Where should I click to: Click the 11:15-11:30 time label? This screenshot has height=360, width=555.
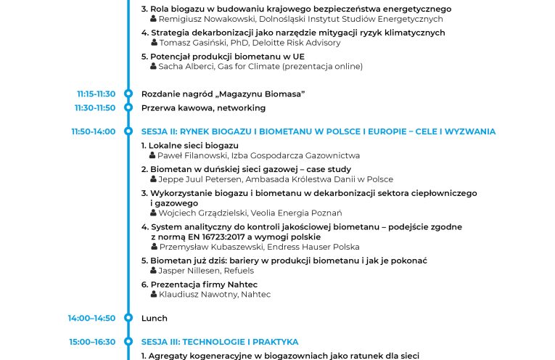tap(96, 94)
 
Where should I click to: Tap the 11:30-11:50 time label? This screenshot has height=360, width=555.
tap(94, 108)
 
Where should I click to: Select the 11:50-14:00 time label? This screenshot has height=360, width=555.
tap(93, 131)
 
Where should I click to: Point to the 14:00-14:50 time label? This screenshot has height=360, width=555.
tap(91, 318)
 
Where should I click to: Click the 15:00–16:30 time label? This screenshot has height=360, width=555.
tap(92, 342)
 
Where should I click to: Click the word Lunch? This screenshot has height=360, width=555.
tap(155, 318)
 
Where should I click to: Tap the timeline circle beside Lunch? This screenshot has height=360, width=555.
tap(128, 318)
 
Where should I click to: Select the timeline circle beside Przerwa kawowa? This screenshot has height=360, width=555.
tap(128, 108)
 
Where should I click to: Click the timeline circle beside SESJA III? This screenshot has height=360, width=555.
tap(128, 342)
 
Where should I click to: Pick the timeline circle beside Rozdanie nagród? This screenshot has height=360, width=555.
tap(128, 94)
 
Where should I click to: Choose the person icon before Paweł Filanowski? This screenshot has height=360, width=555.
tap(153, 155)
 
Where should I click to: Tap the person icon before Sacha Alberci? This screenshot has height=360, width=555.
tap(153, 66)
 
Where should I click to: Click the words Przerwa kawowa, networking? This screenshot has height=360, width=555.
tap(203, 108)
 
